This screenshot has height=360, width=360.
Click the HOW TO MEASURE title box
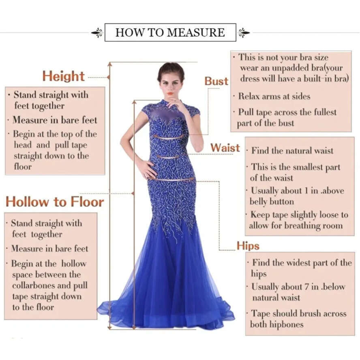click(x=170, y=32)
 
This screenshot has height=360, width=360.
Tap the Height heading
click(x=64, y=76)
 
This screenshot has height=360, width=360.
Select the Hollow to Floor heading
click(x=55, y=201)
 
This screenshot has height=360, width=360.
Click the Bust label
click(x=216, y=81)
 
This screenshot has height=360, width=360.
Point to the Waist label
click(x=225, y=148)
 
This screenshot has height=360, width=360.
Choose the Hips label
click(x=248, y=246)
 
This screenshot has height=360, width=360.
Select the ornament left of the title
click(x=97, y=33)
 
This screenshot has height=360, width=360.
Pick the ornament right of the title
click(x=244, y=33)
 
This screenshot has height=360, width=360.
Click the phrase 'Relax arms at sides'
click(x=274, y=96)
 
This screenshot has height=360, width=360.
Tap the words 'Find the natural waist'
click(x=292, y=151)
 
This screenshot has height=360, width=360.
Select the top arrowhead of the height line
click(x=109, y=64)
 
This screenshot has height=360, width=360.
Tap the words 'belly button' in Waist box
click(x=272, y=201)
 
